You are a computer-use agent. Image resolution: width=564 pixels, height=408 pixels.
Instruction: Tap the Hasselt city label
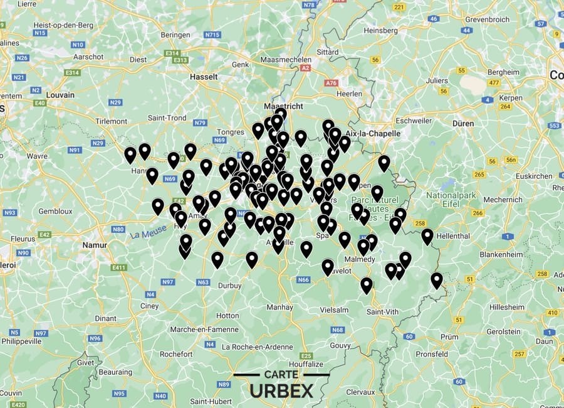[x=203, y=77]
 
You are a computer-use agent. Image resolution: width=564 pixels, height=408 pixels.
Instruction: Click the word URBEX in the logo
[x=282, y=390]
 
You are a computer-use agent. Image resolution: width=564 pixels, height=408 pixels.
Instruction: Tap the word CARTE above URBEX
[x=281, y=375]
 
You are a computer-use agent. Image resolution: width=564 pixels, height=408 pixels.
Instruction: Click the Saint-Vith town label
[x=382, y=312]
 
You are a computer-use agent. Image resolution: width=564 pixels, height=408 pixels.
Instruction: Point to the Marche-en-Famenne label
[x=197, y=330]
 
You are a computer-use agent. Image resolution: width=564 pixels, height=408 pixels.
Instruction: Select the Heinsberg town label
[x=382, y=30]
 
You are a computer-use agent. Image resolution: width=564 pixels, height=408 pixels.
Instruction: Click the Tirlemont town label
[x=112, y=121]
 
